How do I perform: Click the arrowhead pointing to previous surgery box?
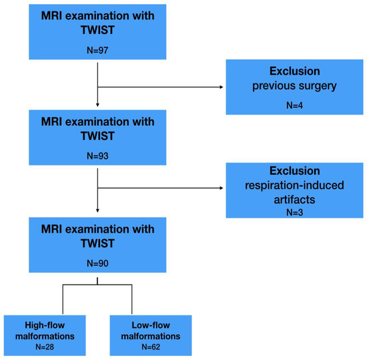point(222,87)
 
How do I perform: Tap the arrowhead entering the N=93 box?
point(97,105)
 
